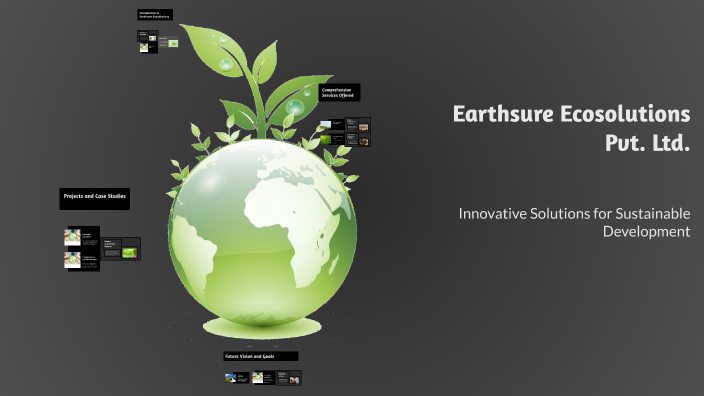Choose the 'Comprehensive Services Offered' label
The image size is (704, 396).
(338, 92)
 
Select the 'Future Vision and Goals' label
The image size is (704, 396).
(260, 356)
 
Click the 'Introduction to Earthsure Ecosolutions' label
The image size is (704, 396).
(155, 15)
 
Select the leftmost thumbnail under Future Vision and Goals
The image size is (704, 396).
(232, 378)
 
